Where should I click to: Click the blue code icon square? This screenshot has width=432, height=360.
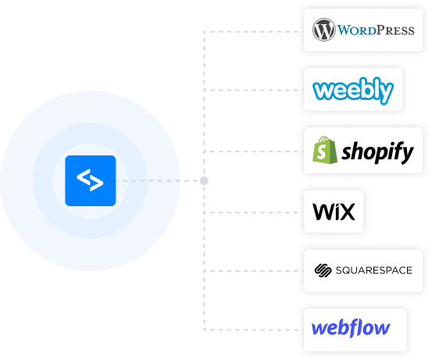[91, 180]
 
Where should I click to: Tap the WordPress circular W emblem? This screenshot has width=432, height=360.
[323, 30]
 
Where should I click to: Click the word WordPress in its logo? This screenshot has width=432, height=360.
[376, 30]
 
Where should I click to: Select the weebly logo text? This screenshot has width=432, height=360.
[353, 90]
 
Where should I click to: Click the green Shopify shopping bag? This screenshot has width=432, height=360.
[324, 150]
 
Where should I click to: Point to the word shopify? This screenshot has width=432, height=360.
[378, 152]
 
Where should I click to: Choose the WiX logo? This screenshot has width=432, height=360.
[334, 212]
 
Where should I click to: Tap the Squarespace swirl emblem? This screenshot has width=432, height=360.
[323, 270]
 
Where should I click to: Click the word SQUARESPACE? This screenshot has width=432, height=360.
[374, 270]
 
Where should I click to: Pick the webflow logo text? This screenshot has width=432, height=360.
[351, 328]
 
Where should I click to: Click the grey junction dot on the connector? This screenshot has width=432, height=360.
[204, 180]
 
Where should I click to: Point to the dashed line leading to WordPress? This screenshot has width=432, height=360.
[254, 32]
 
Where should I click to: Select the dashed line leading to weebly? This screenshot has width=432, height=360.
[254, 90]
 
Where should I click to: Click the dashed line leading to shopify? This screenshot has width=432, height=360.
[254, 151]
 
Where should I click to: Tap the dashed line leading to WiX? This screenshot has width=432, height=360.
[254, 212]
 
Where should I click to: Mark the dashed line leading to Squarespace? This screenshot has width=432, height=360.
[254, 271]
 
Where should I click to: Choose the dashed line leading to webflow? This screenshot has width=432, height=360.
[254, 330]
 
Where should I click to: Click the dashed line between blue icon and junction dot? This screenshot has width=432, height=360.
[158, 180]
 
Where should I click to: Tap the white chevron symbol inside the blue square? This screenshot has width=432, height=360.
[90, 180]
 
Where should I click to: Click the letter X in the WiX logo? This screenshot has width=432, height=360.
[347, 212]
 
